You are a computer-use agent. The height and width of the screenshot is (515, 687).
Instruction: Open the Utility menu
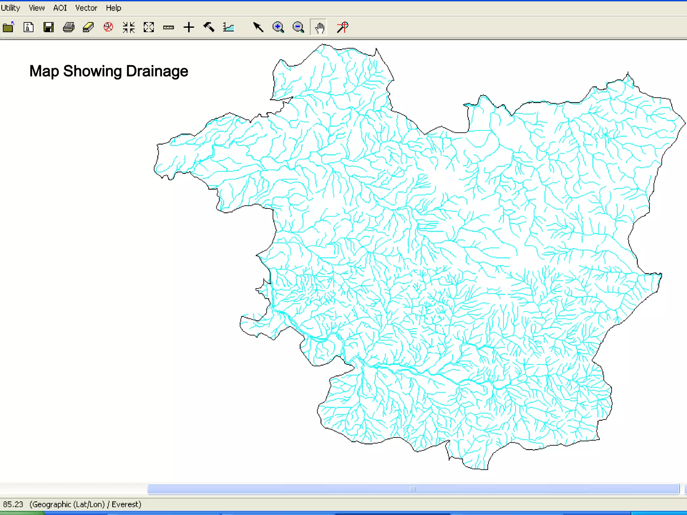click(10, 8)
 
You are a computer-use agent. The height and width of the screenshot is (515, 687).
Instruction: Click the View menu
click(37, 8)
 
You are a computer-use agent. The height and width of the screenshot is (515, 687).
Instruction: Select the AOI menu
click(60, 8)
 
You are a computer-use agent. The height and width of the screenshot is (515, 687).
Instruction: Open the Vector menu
click(86, 8)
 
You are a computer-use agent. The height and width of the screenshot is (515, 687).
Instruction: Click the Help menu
click(113, 8)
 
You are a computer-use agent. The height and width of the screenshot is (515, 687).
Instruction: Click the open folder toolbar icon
click(8, 27)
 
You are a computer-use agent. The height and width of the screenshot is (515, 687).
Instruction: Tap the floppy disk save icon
click(49, 27)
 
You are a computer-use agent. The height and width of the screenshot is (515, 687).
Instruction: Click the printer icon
click(69, 27)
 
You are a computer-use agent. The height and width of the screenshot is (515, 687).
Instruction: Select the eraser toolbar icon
click(88, 27)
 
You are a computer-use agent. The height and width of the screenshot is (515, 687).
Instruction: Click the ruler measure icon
click(168, 27)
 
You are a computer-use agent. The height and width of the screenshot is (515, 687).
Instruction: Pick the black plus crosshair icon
click(189, 27)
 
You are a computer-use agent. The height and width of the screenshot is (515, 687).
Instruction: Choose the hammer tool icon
click(209, 27)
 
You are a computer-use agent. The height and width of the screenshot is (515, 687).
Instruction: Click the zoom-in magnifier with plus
click(278, 27)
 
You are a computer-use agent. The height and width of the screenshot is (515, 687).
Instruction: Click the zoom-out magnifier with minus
click(298, 27)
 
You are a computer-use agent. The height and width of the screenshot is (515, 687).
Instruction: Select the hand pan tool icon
click(319, 27)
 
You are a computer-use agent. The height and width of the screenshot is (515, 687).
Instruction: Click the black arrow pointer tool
click(258, 27)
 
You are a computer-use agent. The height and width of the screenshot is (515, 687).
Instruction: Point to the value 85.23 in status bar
click(13, 504)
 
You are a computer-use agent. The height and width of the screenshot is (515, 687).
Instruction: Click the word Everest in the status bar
click(126, 504)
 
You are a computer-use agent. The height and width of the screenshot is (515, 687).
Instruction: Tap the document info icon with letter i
click(29, 27)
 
